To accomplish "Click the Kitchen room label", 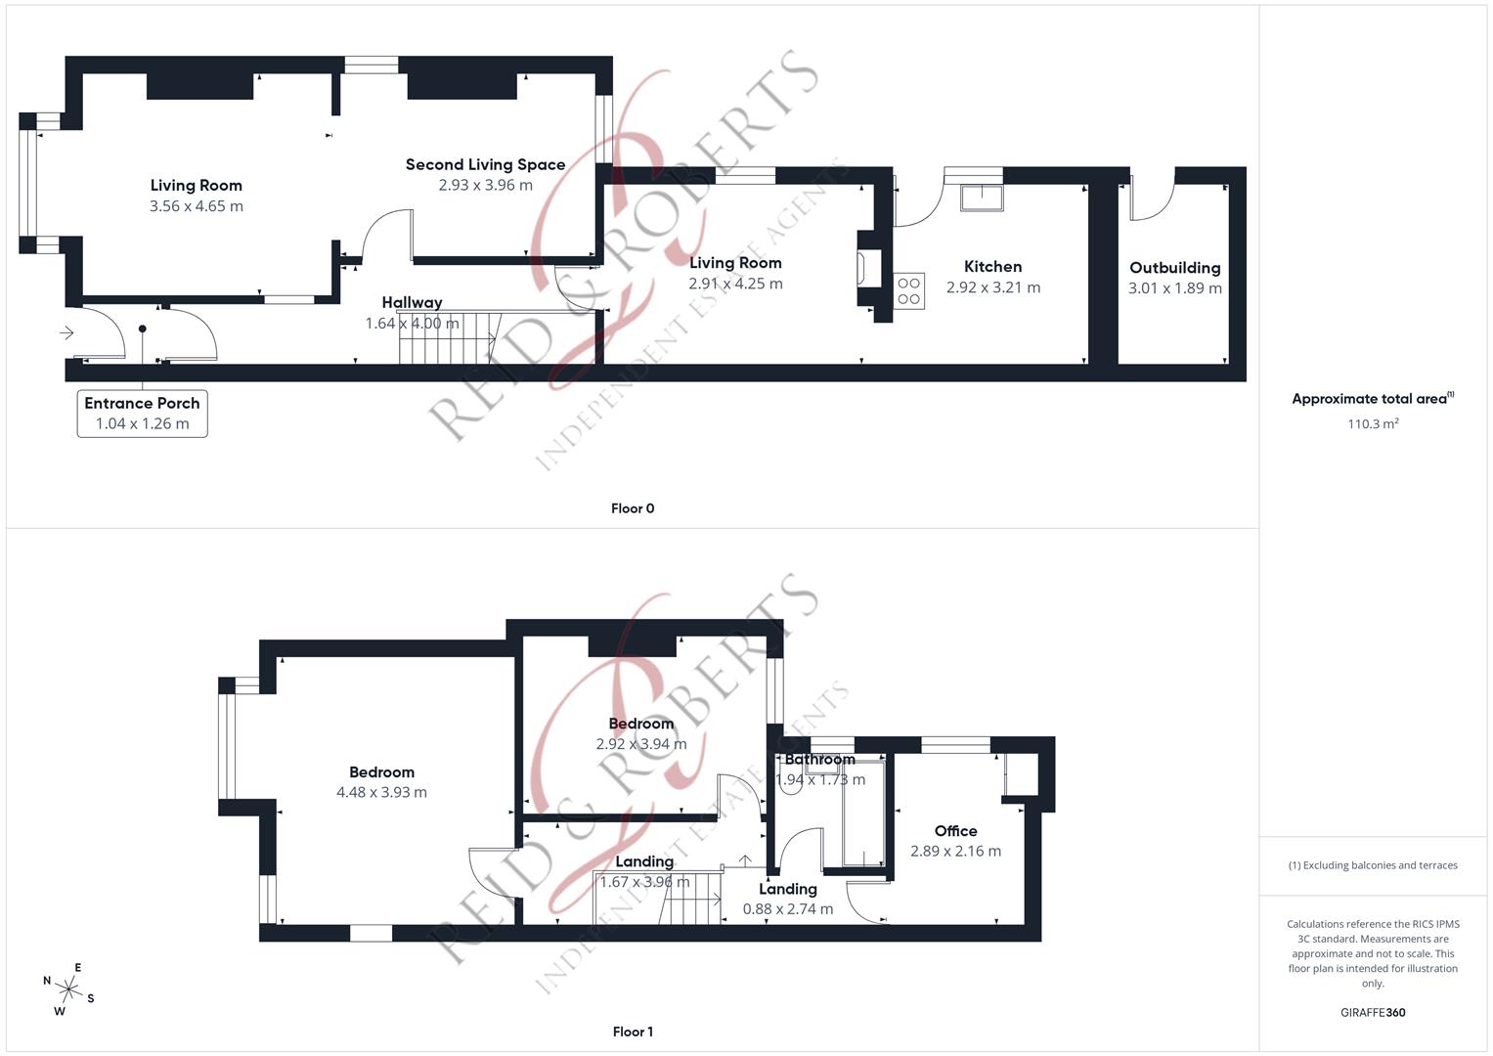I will click(x=992, y=266).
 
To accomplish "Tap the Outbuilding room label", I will click(x=1174, y=267).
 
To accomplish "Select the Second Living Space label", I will click(x=485, y=164).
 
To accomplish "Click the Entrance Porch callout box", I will click(x=142, y=413).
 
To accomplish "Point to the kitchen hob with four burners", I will click(x=908, y=290).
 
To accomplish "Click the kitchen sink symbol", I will click(x=981, y=197).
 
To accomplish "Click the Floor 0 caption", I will click(x=632, y=508).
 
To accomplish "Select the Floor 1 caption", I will click(x=632, y=1032).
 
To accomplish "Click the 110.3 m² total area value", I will click(x=1373, y=424).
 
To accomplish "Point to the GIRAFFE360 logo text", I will click(x=1373, y=1013).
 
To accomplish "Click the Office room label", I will click(x=955, y=830).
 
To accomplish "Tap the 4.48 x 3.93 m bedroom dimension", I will click(x=381, y=793).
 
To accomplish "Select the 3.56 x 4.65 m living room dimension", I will click(x=196, y=206).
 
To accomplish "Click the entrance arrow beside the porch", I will click(x=66, y=333).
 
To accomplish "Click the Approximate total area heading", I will click(x=1372, y=399).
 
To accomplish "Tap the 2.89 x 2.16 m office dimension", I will click(x=955, y=852).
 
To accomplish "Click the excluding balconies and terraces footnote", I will click(x=1373, y=865).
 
